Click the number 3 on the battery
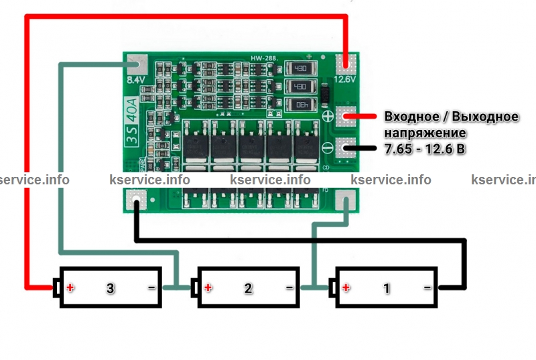111,288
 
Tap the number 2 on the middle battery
249,288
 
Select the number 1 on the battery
386,288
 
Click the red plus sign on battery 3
70,288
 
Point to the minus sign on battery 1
427,288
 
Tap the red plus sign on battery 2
208,288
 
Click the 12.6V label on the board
344,79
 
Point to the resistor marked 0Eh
299,104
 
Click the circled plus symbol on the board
328,116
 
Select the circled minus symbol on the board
328,149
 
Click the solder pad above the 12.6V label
346,64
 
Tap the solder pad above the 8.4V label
137,64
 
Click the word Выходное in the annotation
486,117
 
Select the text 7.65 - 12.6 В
424,149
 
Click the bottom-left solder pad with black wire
137,200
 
